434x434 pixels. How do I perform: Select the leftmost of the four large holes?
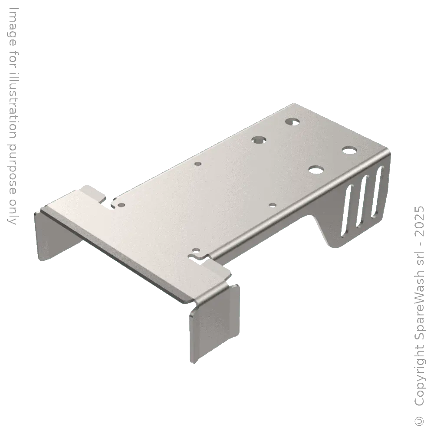click(259, 140)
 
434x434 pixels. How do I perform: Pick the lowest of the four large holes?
click(316, 168)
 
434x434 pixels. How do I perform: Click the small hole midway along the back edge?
click(198, 164)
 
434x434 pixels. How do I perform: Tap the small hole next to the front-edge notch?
click(196, 250)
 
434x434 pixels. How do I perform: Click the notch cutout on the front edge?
click(204, 257)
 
